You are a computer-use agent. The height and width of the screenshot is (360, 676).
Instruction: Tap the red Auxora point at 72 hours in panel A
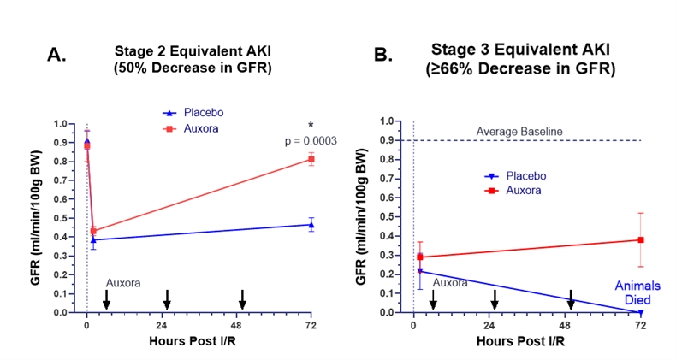(x=311, y=159)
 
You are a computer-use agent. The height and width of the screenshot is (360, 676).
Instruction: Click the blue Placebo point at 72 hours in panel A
(x=311, y=225)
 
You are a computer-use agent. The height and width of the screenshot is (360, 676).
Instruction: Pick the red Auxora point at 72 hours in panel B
(x=640, y=240)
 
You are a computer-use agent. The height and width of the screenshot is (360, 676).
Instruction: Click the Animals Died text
(x=641, y=293)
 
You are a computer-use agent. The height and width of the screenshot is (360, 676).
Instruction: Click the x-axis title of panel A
(x=199, y=341)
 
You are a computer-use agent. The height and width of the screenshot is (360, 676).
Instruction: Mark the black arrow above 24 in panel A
(x=167, y=298)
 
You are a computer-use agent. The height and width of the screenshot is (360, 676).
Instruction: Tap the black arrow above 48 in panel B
(x=571, y=299)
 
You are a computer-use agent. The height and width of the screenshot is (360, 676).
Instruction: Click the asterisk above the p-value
(x=311, y=126)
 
